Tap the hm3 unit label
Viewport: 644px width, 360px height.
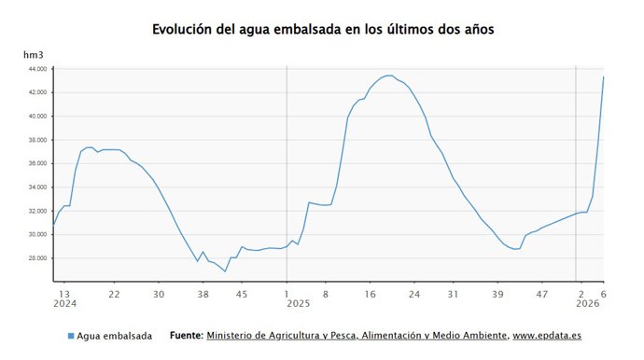[35, 56]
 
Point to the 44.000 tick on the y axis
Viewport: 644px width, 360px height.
[36, 69]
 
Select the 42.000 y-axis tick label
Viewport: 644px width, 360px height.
[36, 92]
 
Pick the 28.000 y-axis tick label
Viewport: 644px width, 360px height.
[36, 258]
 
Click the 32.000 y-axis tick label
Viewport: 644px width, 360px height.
[36, 211]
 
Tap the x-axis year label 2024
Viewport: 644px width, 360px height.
[64, 304]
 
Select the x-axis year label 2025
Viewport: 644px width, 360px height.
[298, 304]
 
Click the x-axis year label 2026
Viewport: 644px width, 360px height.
[587, 304]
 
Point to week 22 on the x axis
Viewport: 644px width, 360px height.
[113, 294]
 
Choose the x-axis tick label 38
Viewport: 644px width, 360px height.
[203, 294]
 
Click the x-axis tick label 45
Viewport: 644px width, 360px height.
[242, 294]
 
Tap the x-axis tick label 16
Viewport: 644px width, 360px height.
[370, 294]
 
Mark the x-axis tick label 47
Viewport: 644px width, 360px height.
[540, 294]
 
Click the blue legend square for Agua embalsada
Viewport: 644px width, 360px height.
[71, 336]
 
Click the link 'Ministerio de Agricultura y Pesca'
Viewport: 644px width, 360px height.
[280, 335]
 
